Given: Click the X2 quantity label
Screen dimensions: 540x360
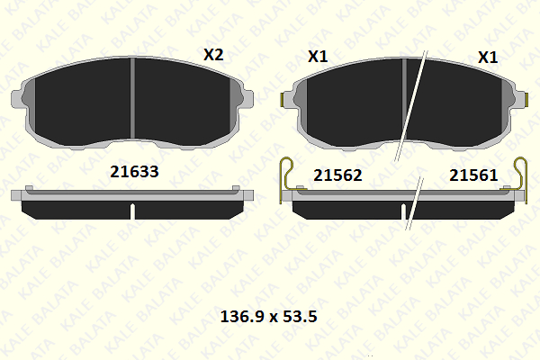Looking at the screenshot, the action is point(213,55).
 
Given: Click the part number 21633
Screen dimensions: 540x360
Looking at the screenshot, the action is point(134,172).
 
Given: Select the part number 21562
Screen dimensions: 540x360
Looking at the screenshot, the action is point(337,175).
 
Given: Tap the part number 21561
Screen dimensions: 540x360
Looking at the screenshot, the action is point(473,175).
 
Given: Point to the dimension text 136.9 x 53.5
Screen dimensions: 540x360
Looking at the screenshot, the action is point(268,316).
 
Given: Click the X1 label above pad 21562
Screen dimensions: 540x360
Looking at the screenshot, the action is point(318,57).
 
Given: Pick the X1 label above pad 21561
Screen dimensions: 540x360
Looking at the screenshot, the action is point(488,58).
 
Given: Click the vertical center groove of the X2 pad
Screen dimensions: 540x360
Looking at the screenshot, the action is point(132,98).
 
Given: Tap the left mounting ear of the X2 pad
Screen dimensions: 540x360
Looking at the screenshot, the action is point(16,99).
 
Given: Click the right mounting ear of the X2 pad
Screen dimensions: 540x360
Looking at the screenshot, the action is point(248,98).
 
